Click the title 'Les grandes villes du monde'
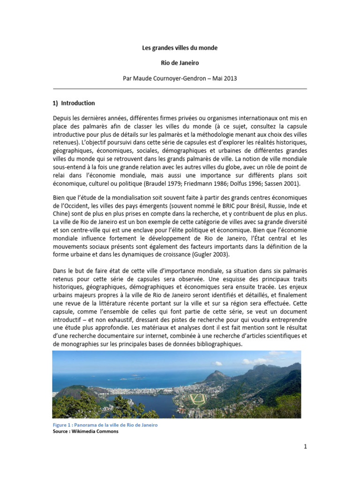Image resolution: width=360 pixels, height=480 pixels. click(x=180, y=48)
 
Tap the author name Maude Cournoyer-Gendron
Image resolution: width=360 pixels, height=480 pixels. click(x=170, y=79)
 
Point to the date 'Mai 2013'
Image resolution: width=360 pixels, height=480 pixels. click(x=225, y=79)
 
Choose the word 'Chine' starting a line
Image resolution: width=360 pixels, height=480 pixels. click(x=60, y=213)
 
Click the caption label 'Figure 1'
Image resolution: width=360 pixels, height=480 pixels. click(x=63, y=425)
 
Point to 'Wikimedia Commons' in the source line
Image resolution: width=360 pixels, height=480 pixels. click(x=97, y=431)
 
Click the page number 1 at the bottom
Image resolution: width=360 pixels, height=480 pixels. click(x=305, y=447)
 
